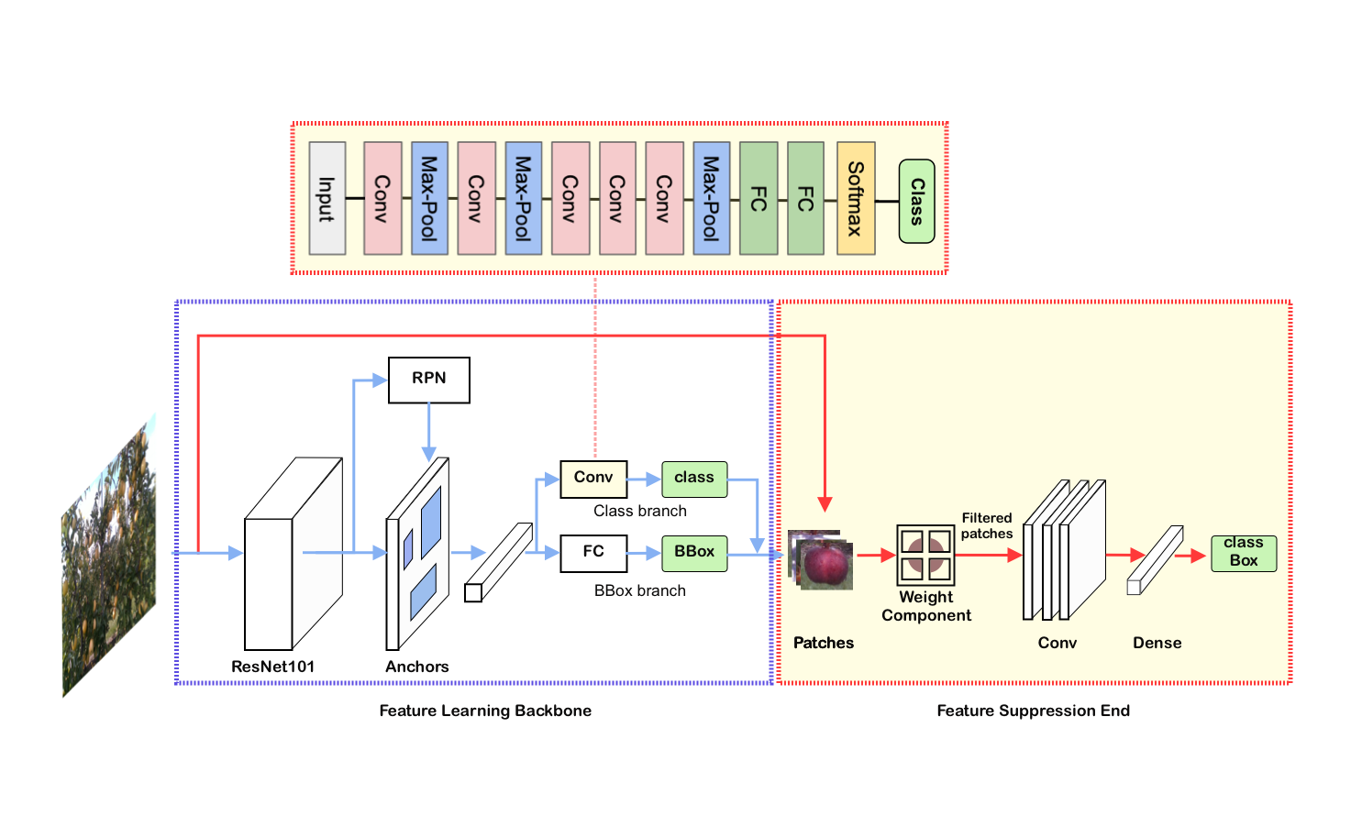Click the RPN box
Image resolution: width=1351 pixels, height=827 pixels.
coord(428,380)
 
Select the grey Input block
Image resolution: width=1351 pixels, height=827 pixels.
coord(327,198)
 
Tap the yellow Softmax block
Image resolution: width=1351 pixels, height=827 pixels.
coord(855,198)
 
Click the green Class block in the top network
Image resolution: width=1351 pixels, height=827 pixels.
coord(916,201)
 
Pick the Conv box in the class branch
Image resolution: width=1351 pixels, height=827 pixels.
coord(593,479)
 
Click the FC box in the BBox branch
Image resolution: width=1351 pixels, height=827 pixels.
coord(593,553)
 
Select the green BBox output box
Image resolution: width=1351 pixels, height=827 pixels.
coord(693,553)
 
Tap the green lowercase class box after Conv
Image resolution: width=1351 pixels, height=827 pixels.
coord(693,479)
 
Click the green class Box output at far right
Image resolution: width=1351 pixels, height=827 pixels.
coord(1243,553)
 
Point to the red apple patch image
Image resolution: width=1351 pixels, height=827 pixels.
coord(824,561)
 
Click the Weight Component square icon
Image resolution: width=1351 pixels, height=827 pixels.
coord(925,556)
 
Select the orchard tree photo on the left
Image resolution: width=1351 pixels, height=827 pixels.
coord(108,559)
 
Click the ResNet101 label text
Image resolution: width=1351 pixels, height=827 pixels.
coord(272,667)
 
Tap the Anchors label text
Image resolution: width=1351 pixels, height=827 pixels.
coord(416,667)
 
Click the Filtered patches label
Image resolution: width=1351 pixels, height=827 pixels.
coord(987,525)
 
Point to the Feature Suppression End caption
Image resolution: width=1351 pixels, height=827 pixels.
coord(1033,711)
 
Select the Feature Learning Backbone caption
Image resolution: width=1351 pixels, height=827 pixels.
coord(485,711)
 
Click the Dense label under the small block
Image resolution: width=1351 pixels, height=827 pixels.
coord(1157,643)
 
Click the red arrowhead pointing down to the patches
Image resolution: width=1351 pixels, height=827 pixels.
coord(825,504)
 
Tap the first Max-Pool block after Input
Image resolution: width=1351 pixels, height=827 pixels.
coord(429,198)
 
